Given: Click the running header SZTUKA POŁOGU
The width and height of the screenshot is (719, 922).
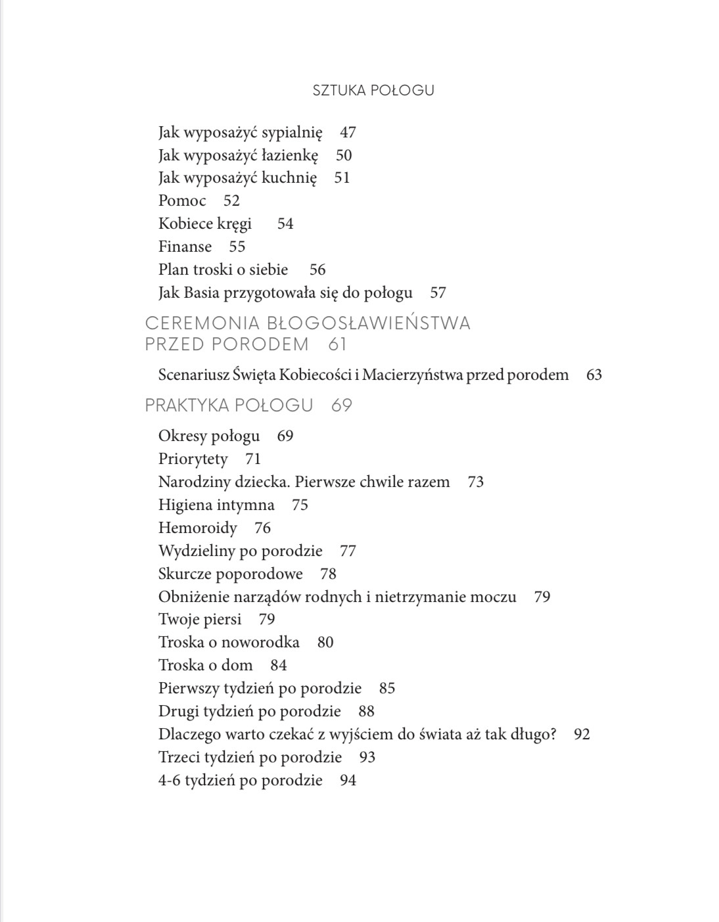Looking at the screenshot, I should pyautogui.click(x=373, y=91).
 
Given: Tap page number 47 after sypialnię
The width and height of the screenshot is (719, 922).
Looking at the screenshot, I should pyautogui.click(x=348, y=133).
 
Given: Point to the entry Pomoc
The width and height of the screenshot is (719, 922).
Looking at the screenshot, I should pyautogui.click(x=182, y=201).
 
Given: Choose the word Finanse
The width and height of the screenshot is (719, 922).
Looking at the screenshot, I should pyautogui.click(x=185, y=247).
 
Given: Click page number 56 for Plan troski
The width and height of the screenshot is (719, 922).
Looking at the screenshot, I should pyautogui.click(x=317, y=270).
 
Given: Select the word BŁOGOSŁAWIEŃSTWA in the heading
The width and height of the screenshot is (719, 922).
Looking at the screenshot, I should pyautogui.click(x=369, y=323).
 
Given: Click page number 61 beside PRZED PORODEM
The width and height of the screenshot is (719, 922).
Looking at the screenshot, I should pyautogui.click(x=337, y=344).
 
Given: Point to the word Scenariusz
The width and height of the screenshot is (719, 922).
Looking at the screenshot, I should pyautogui.click(x=193, y=375).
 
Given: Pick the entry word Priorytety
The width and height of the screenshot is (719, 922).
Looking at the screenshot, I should pyautogui.click(x=193, y=459).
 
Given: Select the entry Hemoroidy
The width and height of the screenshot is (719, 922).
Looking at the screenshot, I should pyautogui.click(x=197, y=528).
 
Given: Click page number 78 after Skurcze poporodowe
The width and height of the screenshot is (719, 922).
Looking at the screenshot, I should pyautogui.click(x=328, y=574).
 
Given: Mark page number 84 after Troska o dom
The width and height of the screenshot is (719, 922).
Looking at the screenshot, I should pyautogui.click(x=279, y=666).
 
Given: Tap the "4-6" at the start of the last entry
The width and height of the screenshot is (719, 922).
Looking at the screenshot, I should pyautogui.click(x=169, y=781).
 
